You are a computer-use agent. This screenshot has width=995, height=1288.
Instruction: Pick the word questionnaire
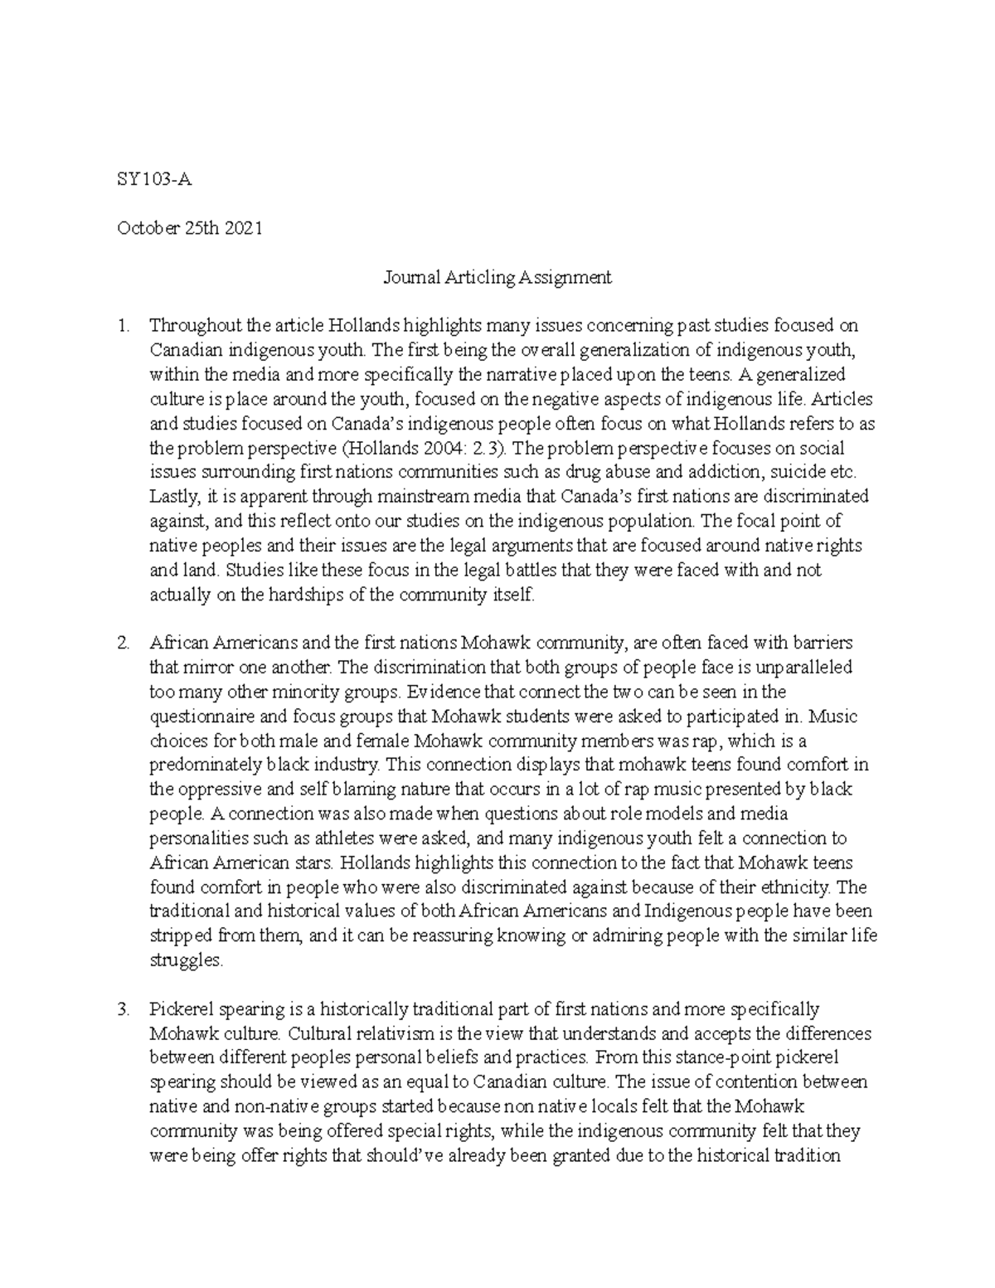(x=201, y=717)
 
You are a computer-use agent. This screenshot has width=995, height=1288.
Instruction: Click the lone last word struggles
(x=186, y=960)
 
